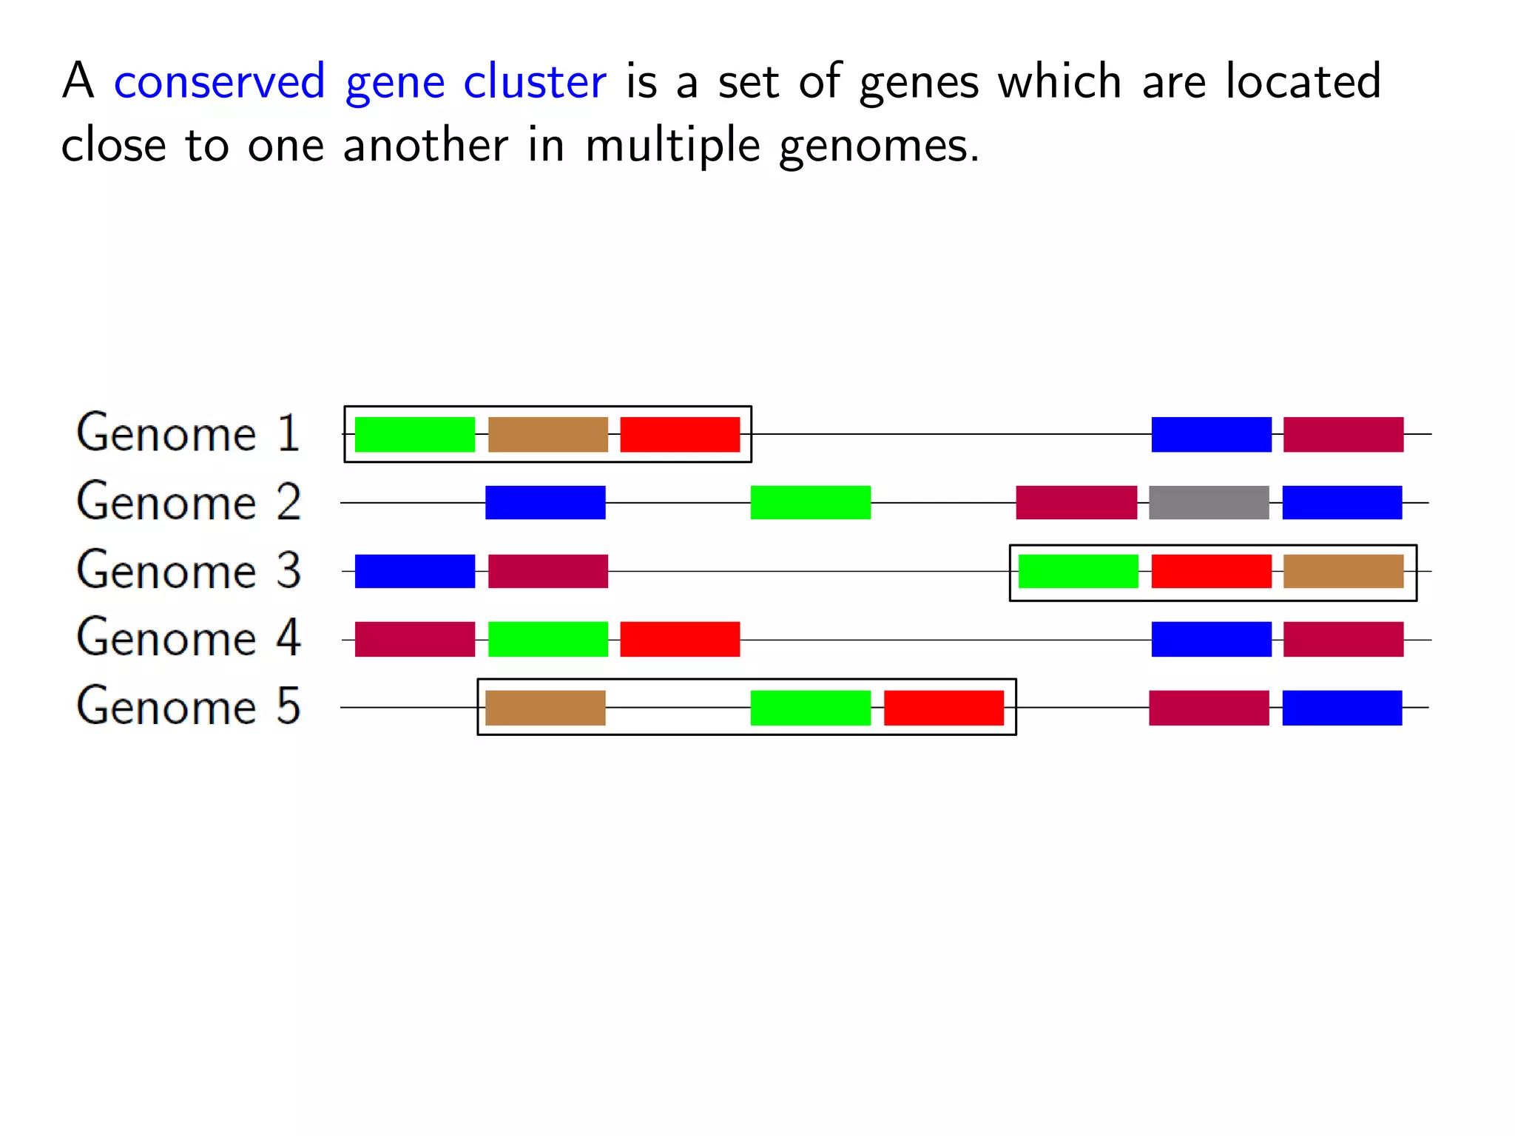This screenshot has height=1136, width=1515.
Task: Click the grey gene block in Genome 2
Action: (x=1209, y=503)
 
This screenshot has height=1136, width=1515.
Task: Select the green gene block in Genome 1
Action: (x=415, y=434)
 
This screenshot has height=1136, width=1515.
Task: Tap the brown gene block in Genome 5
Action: (x=545, y=708)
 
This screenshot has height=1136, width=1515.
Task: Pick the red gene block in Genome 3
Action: (x=1211, y=571)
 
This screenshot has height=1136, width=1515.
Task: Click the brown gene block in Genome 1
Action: (x=548, y=434)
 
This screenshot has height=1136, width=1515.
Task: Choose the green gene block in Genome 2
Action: (x=810, y=503)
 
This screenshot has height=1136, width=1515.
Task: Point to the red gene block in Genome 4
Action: (x=680, y=640)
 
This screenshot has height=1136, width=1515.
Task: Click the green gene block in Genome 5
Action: (x=810, y=708)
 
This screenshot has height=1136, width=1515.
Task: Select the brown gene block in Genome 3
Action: (x=1343, y=571)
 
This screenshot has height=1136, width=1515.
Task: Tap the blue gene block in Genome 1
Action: (x=1211, y=434)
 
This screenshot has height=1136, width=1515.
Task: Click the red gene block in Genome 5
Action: (x=943, y=708)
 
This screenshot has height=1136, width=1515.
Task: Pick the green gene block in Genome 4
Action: (x=548, y=640)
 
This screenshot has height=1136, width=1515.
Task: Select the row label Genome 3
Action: (x=189, y=570)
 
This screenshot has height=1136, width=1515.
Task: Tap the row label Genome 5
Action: (x=189, y=706)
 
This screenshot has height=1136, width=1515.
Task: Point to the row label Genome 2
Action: (x=189, y=502)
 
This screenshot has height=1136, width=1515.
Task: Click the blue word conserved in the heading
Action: (x=220, y=81)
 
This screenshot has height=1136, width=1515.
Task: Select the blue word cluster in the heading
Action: (x=534, y=81)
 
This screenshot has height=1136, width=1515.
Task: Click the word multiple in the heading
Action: (x=672, y=146)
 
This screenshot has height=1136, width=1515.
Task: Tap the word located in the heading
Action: (x=1303, y=81)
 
